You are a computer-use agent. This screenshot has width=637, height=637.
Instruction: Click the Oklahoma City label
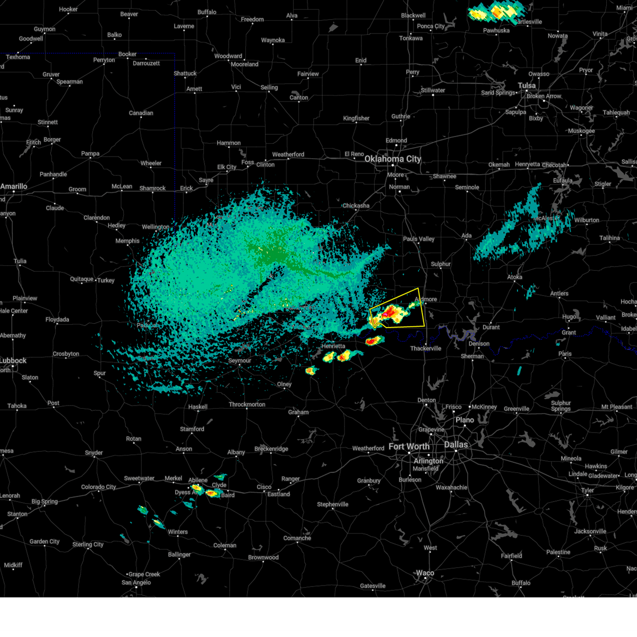392,159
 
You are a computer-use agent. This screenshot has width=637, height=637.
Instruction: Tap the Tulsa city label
527,85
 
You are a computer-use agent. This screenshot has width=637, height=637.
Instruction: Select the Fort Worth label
409,446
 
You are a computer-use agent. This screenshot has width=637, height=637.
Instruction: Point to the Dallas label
456,444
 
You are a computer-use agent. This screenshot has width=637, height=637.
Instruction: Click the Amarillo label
14,186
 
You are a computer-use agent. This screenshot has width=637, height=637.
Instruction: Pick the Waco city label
425,573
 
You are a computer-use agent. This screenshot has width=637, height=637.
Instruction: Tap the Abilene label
197,480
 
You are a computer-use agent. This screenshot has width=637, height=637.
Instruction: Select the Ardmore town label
426,299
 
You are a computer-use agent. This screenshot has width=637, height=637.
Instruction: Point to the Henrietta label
333,346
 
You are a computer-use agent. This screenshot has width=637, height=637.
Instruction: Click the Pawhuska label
496,30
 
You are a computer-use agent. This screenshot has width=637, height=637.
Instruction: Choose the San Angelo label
136,582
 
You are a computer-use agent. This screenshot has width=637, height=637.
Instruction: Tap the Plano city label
464,420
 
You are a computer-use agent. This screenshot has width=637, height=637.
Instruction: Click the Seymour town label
239,360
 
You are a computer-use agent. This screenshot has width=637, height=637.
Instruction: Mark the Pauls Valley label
418,239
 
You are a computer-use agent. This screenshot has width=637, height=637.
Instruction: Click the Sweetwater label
139,478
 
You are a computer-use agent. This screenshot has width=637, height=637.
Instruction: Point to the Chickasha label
356,205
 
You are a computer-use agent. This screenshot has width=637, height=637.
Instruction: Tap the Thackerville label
426,348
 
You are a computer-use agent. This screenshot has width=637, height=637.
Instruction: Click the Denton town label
426,400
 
